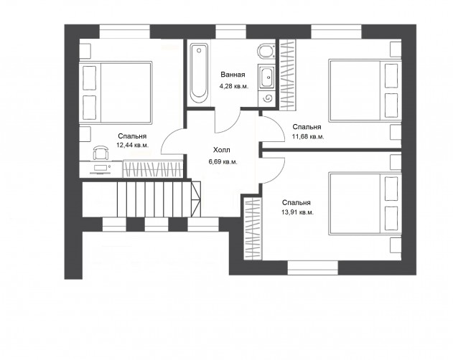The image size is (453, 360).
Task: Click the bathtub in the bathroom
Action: pos(199,74)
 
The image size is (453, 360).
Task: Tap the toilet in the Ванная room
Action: pos(266,51)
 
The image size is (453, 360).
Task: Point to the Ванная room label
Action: pos(233,75)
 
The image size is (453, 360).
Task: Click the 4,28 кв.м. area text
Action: pos(234,86)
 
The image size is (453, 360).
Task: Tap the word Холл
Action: pos(222,150)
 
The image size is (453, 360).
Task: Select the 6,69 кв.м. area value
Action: pos(223,162)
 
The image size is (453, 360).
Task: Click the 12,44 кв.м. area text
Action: pos(132,145)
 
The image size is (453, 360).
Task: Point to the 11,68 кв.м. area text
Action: pos(308,136)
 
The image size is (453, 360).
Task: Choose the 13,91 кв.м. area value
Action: pos(297,212)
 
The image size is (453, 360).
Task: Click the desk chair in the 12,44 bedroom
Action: pos(101,152)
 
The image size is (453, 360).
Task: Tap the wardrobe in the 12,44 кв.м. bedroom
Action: pos(153,169)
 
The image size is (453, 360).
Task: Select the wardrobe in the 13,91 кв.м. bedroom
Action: pos(253,228)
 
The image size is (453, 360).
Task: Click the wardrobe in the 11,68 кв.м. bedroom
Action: pos(288,75)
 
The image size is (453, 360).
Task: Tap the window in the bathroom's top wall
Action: pos(230,32)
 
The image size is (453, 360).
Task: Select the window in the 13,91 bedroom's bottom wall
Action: pos(313,268)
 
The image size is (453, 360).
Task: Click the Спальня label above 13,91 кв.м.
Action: pos(296,203)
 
